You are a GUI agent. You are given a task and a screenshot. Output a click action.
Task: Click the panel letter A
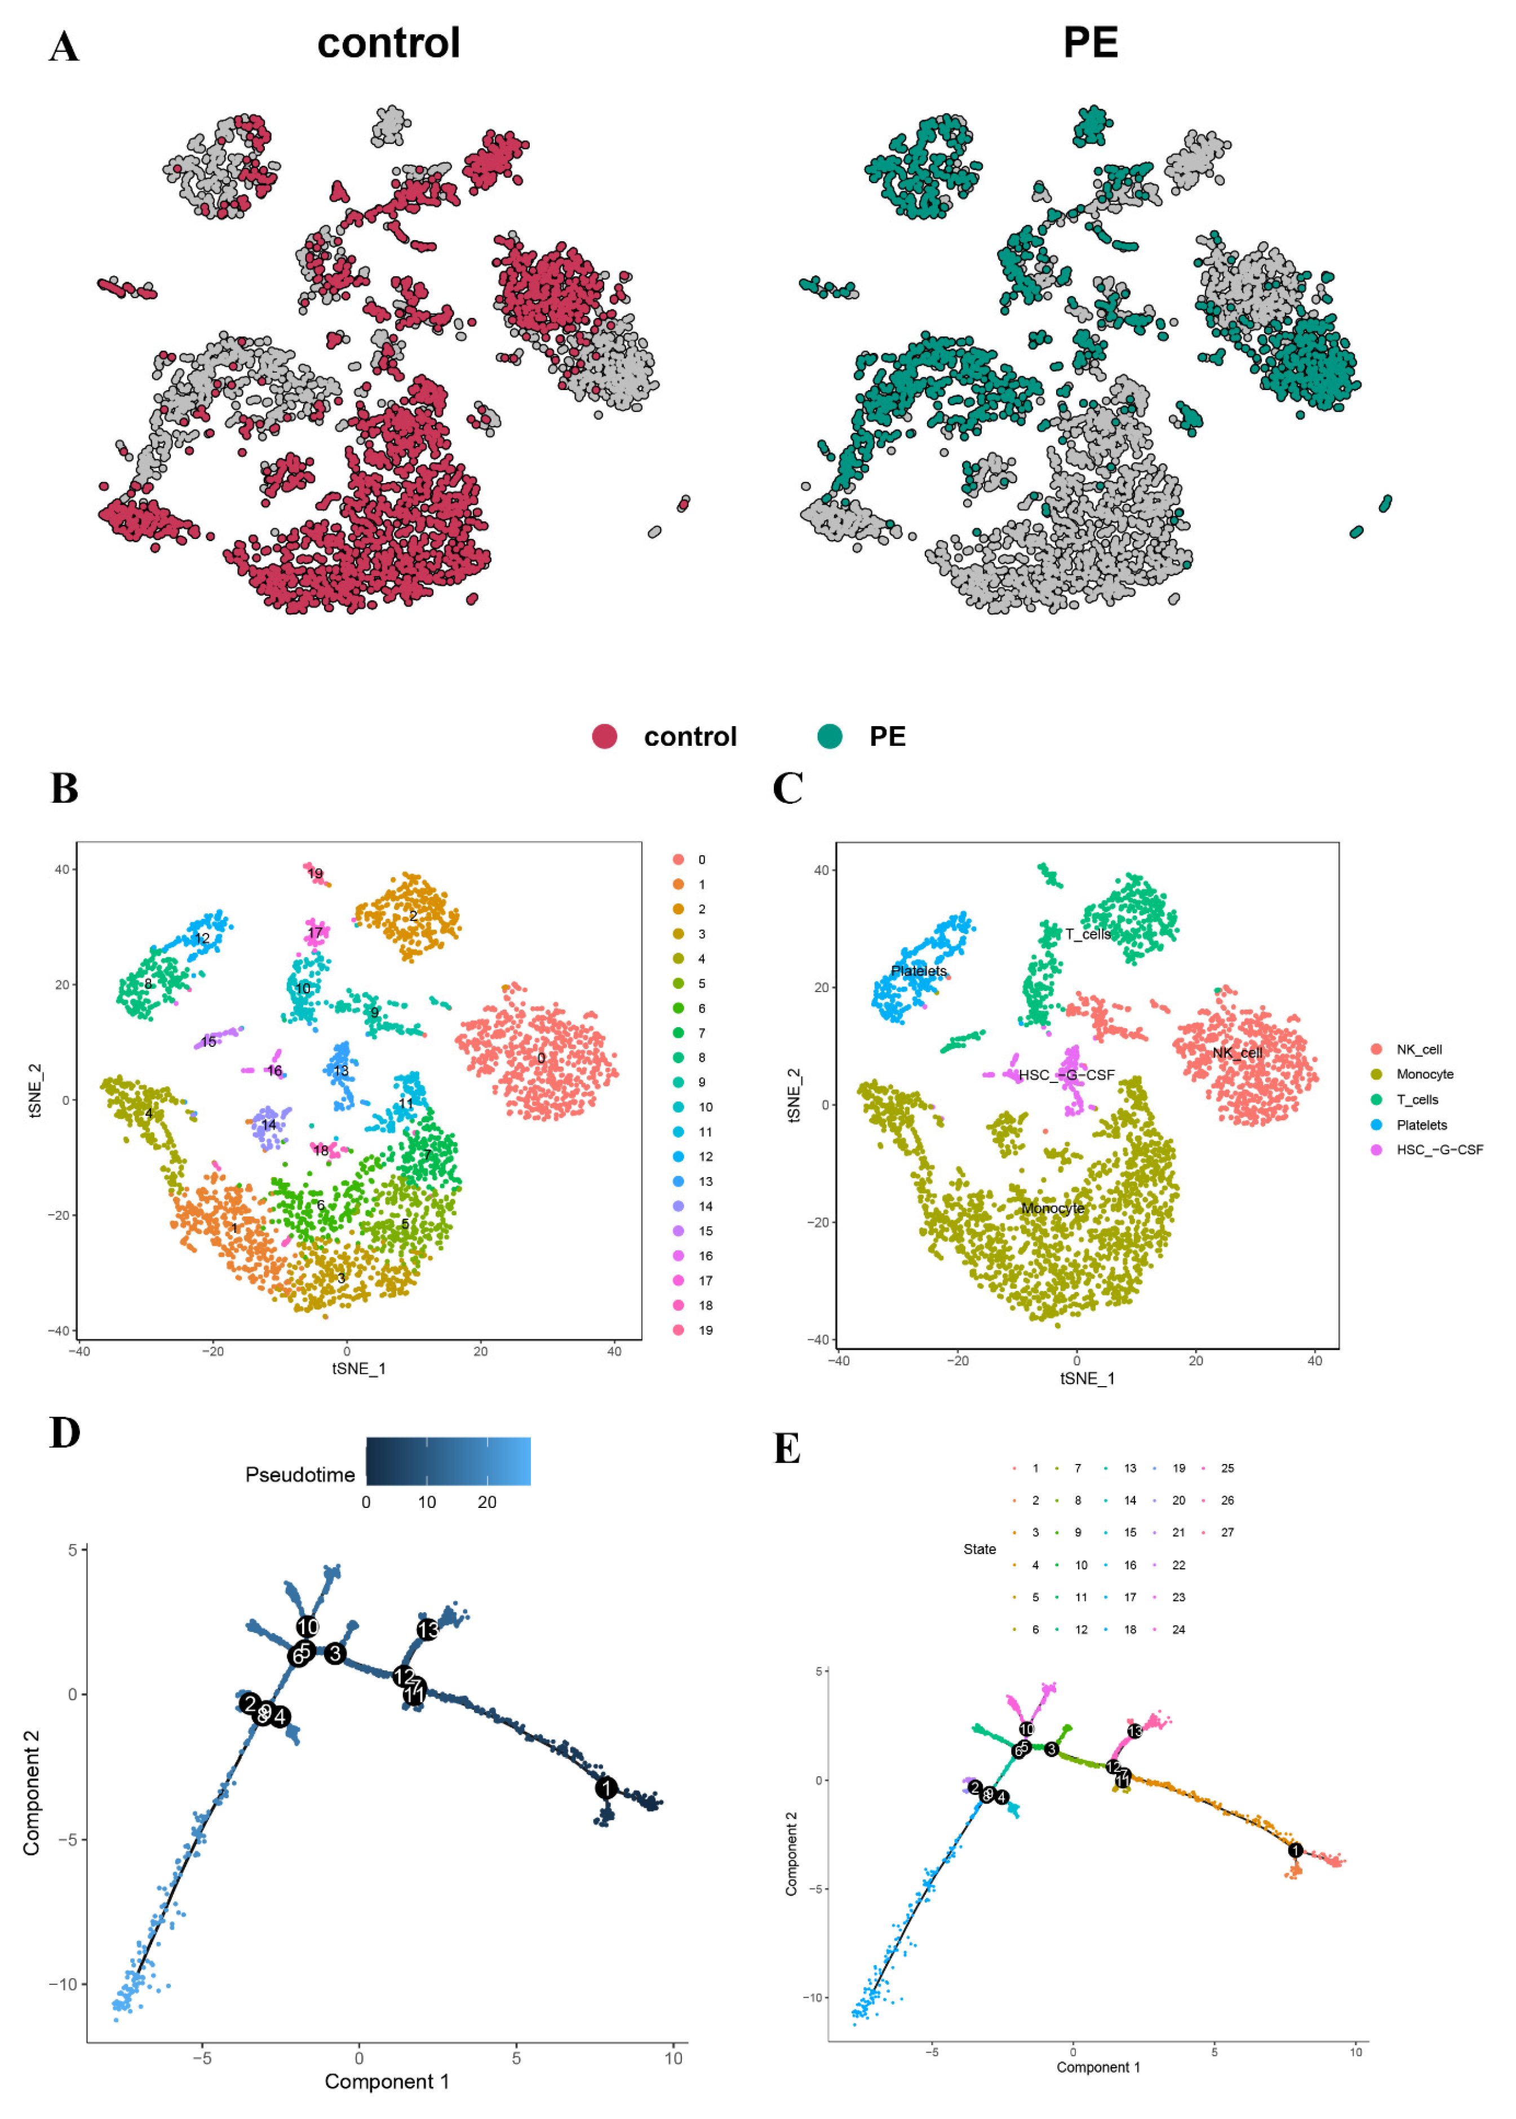[x=64, y=47]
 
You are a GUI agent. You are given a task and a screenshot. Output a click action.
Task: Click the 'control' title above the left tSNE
[x=388, y=43]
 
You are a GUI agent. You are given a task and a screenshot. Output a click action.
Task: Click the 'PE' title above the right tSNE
[x=1091, y=43]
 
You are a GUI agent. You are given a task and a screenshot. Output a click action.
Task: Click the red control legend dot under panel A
[x=604, y=737]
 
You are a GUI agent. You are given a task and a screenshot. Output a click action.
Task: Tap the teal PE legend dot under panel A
[x=829, y=737]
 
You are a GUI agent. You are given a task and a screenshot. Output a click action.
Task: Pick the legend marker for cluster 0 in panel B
[x=679, y=860]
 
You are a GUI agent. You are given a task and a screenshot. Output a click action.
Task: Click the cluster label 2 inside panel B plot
[x=414, y=915]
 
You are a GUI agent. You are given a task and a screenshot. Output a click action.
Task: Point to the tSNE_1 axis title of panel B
[x=358, y=1369]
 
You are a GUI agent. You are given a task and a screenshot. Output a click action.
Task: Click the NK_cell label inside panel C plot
[x=1237, y=1053]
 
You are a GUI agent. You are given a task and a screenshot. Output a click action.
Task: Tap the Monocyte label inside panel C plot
[x=1052, y=1208]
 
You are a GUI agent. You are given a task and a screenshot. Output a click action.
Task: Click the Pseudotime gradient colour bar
[x=448, y=1461]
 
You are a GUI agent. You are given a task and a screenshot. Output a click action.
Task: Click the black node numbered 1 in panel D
[x=606, y=1788]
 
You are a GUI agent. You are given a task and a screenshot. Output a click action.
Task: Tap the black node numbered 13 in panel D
[x=428, y=1630]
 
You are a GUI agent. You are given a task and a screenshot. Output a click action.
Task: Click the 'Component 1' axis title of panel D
[x=387, y=2082]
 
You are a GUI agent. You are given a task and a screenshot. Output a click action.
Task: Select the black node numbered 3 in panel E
[x=1051, y=1749]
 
